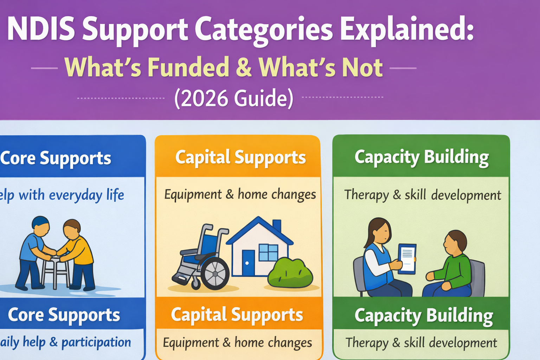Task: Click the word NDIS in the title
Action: point(40,30)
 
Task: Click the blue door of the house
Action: point(248,262)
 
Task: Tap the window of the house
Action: point(268,252)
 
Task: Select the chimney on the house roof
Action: point(277,226)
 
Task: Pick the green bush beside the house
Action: point(290,273)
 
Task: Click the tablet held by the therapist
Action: point(407,258)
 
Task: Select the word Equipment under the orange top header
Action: point(193,194)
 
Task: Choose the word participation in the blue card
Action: point(96,342)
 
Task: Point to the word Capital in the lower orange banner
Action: point(199,315)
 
